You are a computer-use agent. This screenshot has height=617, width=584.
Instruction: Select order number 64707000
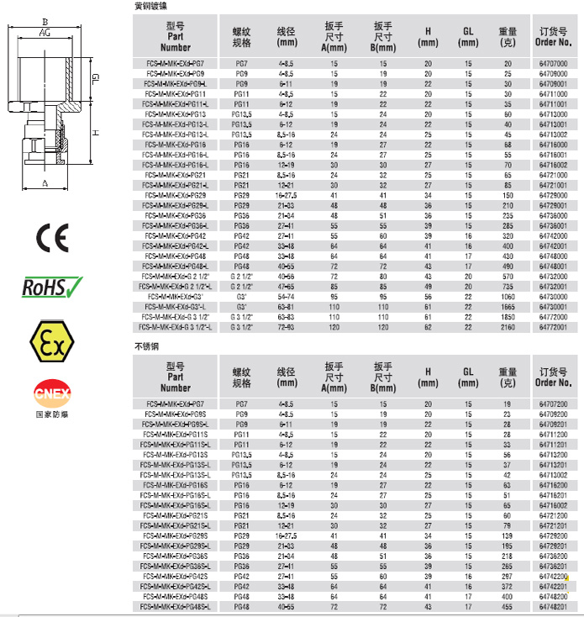551,63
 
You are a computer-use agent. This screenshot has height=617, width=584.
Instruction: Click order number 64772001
551,327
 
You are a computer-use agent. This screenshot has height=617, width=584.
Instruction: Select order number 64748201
551,606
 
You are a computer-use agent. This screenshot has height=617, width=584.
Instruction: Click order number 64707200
551,404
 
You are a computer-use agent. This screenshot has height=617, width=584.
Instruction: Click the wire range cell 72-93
286,327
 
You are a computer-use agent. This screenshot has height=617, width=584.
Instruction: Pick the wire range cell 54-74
286,297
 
